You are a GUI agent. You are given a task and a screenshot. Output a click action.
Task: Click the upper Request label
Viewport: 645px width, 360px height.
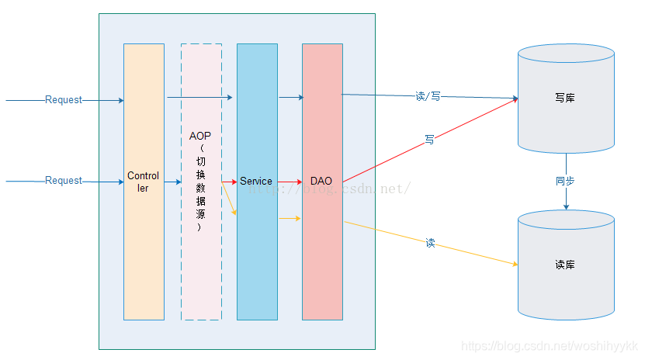pos(64,100)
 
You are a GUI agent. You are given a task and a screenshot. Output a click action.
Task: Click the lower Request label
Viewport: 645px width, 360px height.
pos(64,181)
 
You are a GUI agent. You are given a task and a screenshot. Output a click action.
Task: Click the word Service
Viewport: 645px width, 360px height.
pos(256,182)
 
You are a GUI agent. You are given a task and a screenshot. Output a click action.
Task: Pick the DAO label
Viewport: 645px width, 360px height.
pos(321,182)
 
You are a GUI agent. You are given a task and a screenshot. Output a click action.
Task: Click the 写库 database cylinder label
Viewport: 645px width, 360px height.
pos(565,99)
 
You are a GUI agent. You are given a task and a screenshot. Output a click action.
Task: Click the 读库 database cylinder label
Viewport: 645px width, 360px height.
pos(565,265)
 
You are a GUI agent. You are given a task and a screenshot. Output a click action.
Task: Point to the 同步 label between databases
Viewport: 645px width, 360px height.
pos(565,181)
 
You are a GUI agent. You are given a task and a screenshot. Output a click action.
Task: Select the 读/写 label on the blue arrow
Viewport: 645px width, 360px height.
pos(428,96)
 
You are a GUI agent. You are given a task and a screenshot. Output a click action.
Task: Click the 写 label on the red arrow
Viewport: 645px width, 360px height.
pos(429,140)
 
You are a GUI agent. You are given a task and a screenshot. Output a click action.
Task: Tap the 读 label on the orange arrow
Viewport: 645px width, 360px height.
pos(430,243)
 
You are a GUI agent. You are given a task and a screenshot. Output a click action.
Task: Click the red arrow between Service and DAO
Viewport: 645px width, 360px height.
pos(290,182)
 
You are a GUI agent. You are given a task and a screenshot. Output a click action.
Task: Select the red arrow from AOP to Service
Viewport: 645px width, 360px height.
pos(229,182)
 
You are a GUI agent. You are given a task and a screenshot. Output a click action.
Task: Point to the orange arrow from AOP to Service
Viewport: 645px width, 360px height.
pos(230,199)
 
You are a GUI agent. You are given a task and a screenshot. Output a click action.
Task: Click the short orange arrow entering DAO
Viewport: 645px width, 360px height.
pos(290,219)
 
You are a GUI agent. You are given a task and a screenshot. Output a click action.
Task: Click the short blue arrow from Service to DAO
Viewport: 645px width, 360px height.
pos(290,98)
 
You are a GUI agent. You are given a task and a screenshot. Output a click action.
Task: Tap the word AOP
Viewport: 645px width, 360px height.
pos(200,136)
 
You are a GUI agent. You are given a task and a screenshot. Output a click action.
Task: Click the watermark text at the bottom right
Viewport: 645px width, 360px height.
pos(549,346)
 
